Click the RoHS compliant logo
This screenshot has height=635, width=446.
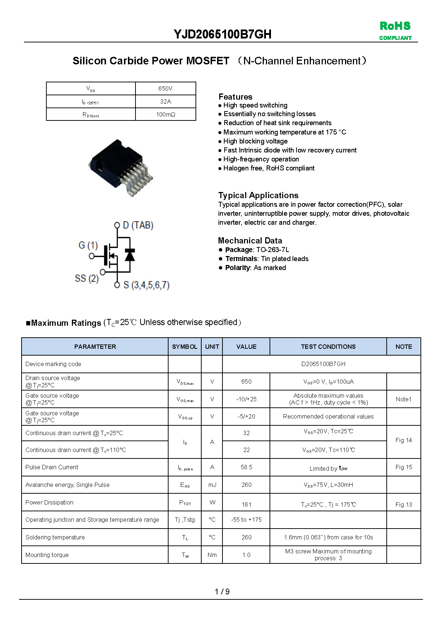tap(395, 31)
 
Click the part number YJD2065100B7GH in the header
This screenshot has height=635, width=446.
tap(222, 34)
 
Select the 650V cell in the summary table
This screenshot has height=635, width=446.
tap(165, 88)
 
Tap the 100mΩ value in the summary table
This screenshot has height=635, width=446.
tap(165, 114)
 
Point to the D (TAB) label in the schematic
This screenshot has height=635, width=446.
tap(138, 225)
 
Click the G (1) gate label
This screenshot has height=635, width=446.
tap(88, 245)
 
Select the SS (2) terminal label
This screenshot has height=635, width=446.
tap(87, 278)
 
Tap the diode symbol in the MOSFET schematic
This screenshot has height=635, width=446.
tap(130, 255)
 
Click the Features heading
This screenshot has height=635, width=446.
tap(235, 97)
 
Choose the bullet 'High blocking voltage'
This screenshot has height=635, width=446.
tap(255, 141)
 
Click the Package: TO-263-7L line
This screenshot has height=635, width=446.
tap(257, 250)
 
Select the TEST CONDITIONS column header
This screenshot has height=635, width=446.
tap(328, 347)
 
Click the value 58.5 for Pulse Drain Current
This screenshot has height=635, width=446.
tap(246, 467)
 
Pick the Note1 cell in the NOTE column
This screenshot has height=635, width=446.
tap(404, 399)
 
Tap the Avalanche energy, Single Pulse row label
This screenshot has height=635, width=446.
tap(67, 485)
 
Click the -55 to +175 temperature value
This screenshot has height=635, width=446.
tap(246, 520)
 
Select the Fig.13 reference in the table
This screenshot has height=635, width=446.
tap(404, 504)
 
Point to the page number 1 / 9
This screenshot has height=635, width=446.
tap(222, 591)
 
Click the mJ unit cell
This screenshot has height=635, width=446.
tap(212, 485)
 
